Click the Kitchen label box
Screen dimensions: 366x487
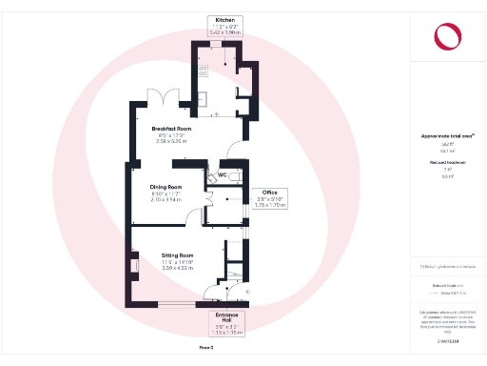pyautogui.click(x=225, y=26)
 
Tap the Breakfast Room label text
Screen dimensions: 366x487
pyautogui.click(x=172, y=128)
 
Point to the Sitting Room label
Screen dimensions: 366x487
pyautogui.click(x=177, y=255)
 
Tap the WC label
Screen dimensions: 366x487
pyautogui.click(x=222, y=175)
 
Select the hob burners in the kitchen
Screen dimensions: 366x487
pyautogui.click(x=203, y=69)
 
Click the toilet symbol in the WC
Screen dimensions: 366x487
pyautogui.click(x=211, y=177)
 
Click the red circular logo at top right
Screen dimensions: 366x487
pyautogui.click(x=448, y=36)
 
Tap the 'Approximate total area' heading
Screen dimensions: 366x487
pyautogui.click(x=446, y=136)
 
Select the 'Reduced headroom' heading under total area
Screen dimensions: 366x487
pyautogui.click(x=446, y=162)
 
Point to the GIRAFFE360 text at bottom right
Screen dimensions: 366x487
pyautogui.click(x=448, y=340)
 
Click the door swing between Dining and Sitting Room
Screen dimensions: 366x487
pyautogui.click(x=213, y=217)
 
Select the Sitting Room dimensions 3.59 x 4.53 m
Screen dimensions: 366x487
pyautogui.click(x=178, y=268)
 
